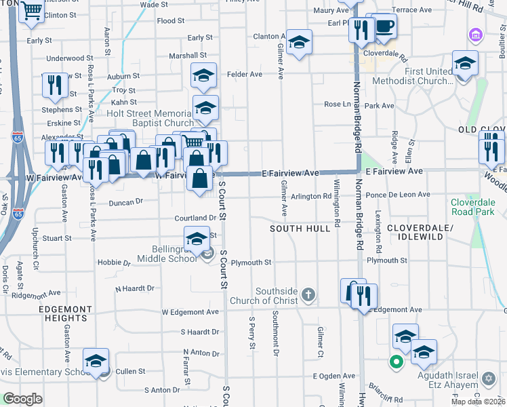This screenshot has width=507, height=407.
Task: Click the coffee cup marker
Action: pos(385,26)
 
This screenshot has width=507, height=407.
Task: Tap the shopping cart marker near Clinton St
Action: pos(31,11)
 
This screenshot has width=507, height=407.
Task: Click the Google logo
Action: pos(23,398)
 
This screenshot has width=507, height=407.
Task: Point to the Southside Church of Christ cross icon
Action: pos(308,294)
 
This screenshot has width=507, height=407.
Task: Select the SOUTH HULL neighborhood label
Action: pos(299,229)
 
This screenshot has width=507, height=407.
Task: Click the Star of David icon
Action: pos(488,376)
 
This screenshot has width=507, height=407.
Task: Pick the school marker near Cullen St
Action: pos(96,360)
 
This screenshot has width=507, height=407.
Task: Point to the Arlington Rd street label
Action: pos(311,197)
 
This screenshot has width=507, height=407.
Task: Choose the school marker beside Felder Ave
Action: pos(203,76)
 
